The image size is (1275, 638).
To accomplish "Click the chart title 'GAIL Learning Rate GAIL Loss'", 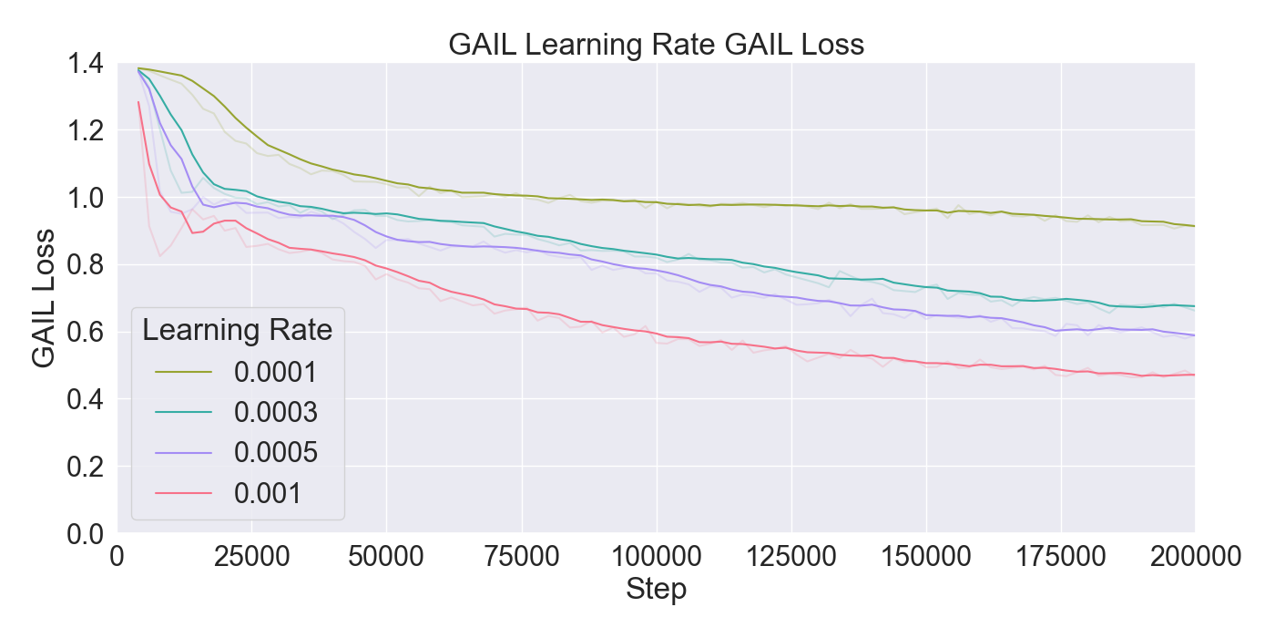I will coord(656,44).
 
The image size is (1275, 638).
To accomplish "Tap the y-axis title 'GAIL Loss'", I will coord(43,297).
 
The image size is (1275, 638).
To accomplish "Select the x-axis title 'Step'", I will coord(656,590).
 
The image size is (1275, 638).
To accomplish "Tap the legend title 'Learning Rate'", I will coord(237,331).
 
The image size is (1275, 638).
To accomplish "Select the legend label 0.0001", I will coord(275,372).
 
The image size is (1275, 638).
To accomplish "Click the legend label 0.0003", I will coord(275,413).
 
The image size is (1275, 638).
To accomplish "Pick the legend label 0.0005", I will coord(275,453).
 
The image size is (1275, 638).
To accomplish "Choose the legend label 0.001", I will coord(267,493).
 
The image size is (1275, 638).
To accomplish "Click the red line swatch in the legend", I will coord(183,493).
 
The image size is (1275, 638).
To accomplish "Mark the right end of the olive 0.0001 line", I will coord(1194,226).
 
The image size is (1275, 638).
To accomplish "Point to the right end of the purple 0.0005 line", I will coord(1194,335).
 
